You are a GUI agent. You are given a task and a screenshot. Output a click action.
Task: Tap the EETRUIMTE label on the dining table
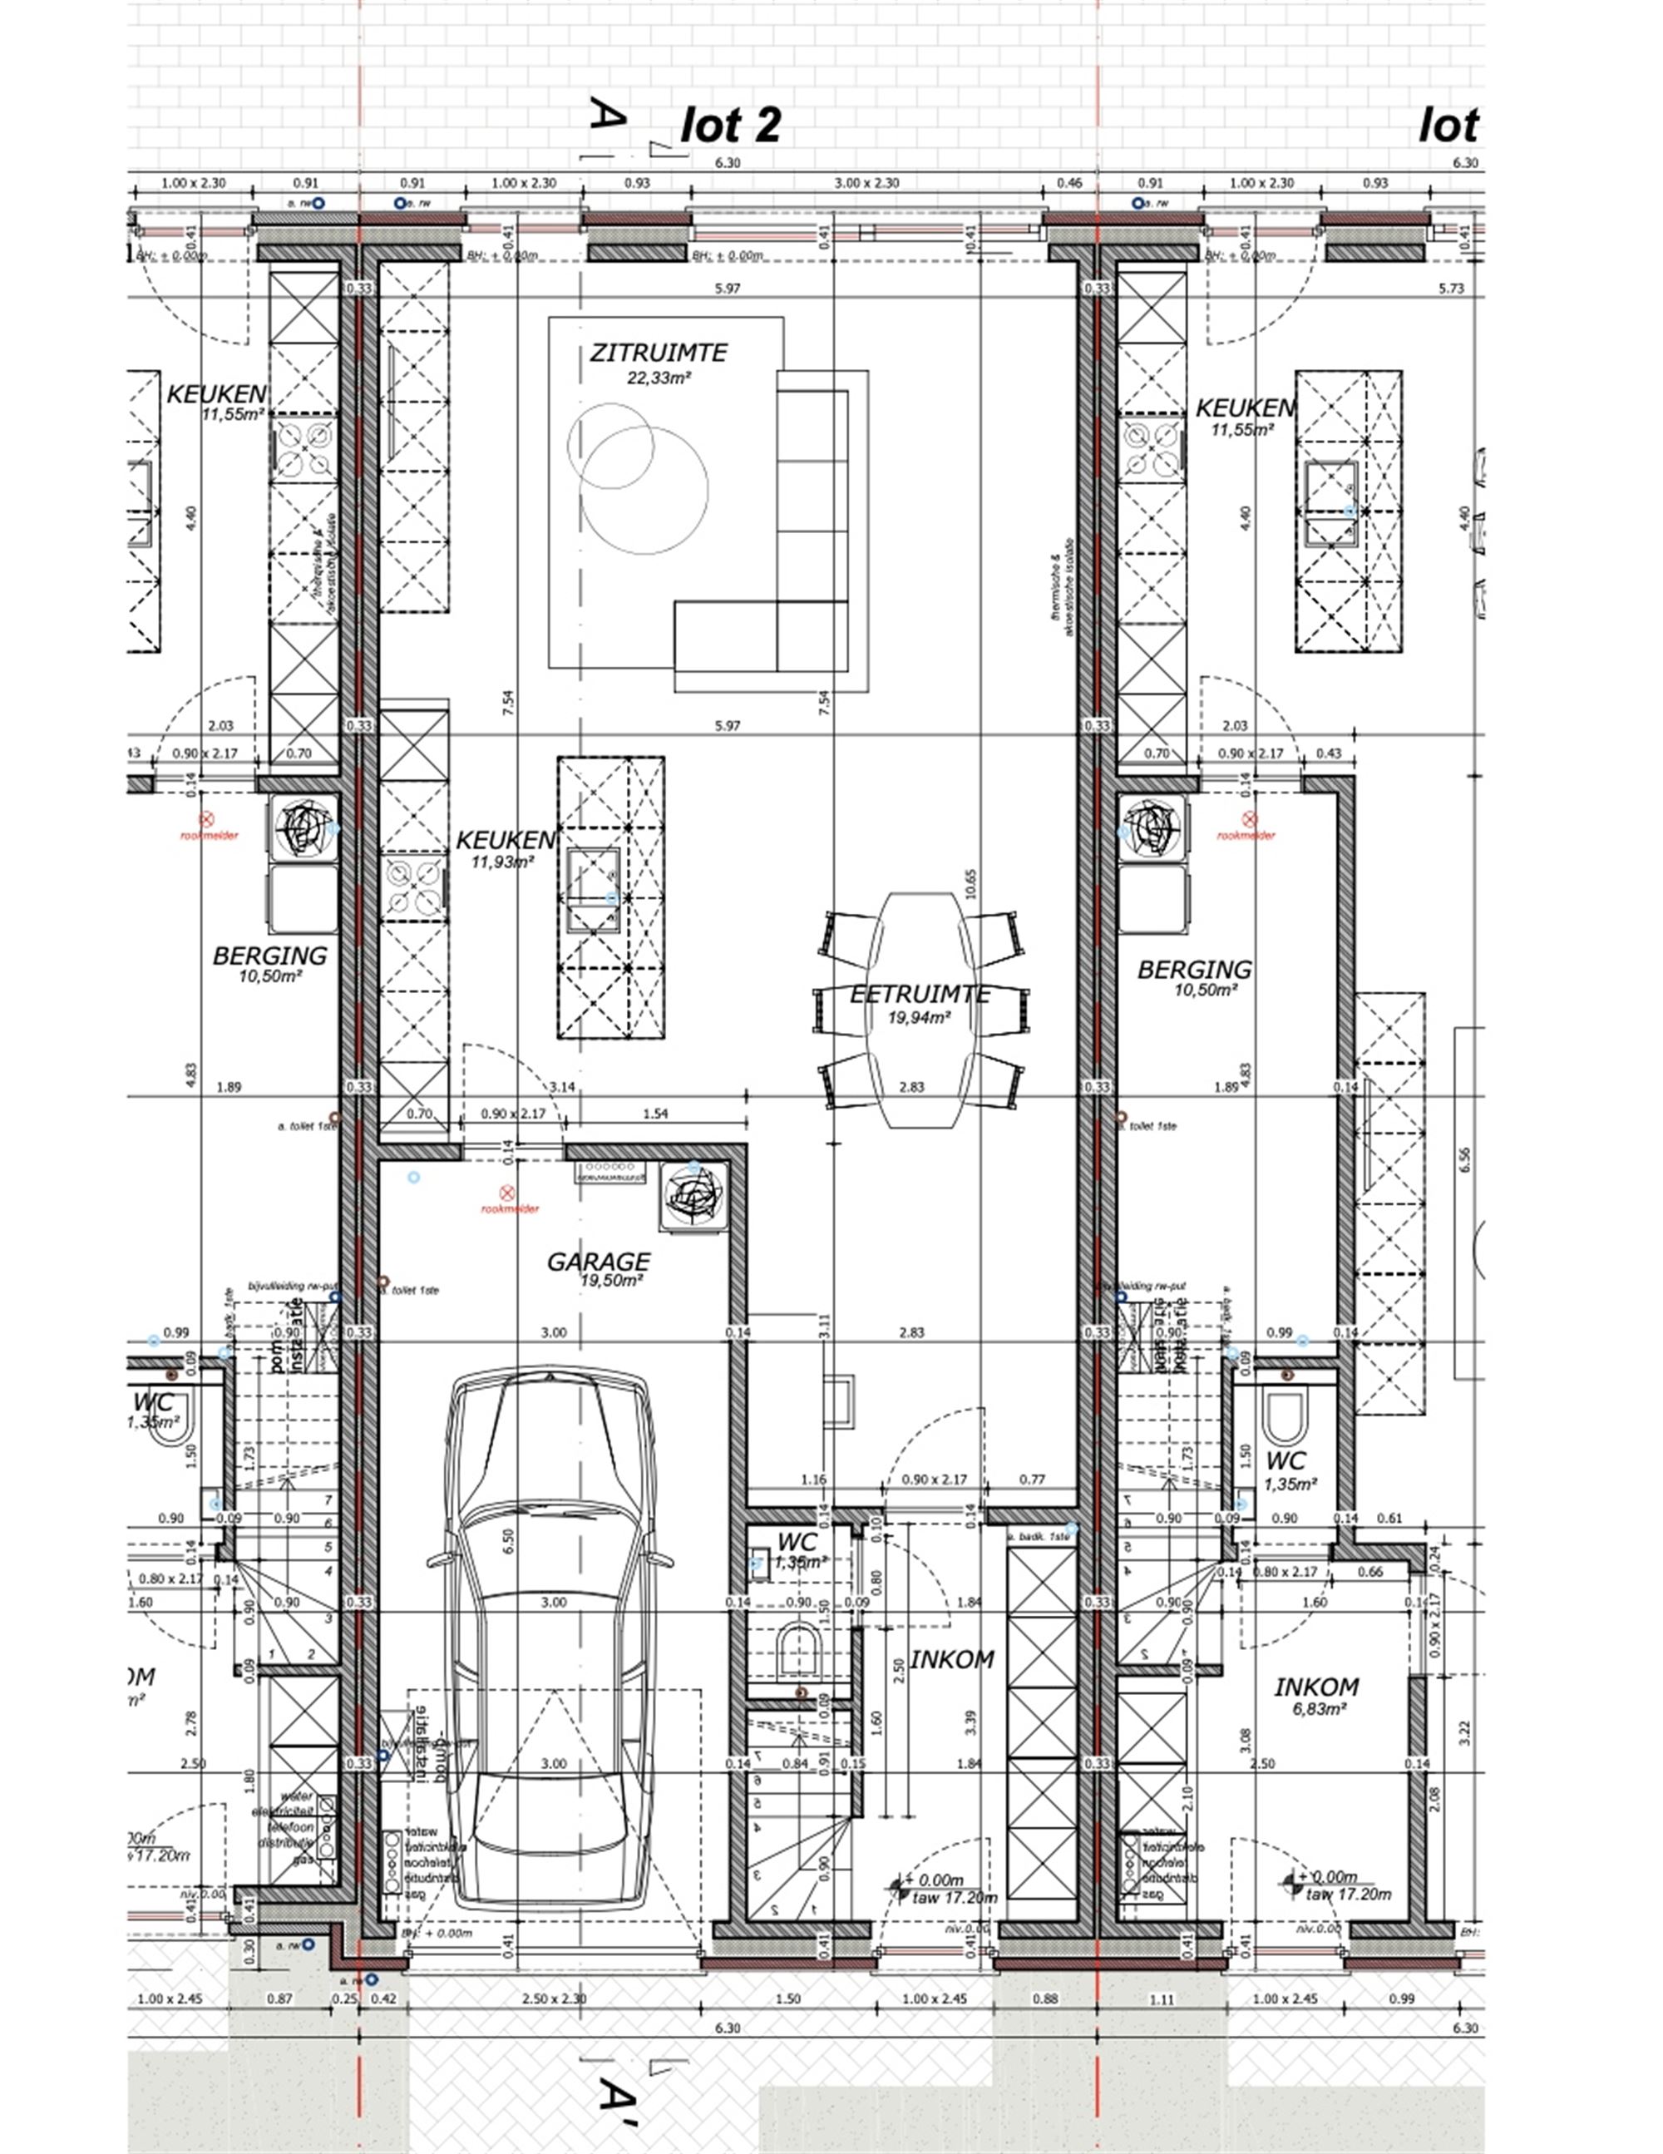[920, 994]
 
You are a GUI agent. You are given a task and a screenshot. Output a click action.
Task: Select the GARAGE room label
[599, 1262]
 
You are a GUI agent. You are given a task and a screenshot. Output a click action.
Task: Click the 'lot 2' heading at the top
[730, 126]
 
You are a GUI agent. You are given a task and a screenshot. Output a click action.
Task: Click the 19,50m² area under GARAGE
[611, 1280]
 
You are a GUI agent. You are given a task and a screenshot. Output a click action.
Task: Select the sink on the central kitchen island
[593, 887]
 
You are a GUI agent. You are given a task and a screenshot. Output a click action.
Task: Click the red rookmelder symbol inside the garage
[507, 1193]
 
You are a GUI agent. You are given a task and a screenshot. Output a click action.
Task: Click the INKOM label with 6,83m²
[1315, 1687]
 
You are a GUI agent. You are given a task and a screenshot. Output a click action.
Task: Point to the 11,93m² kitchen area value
[503, 861]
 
